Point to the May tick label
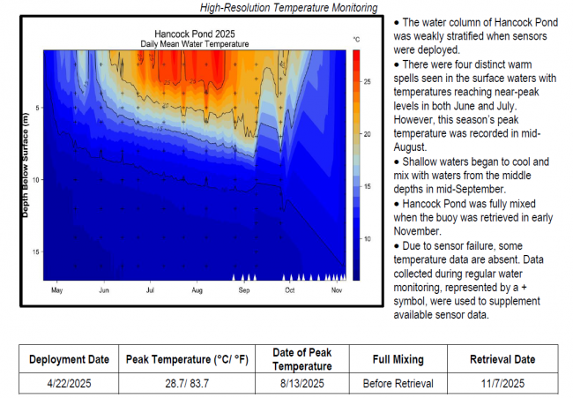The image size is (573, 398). (x=57, y=289)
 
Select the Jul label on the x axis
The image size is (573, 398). (x=151, y=289)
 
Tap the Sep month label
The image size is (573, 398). (x=243, y=289)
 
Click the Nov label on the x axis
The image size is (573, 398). (x=337, y=289)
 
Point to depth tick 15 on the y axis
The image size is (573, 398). (x=36, y=252)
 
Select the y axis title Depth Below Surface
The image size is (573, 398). (x=26, y=167)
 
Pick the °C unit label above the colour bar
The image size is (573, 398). (x=357, y=41)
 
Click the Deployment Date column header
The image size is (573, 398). (x=70, y=360)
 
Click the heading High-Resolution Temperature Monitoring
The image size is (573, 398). (x=288, y=7)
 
